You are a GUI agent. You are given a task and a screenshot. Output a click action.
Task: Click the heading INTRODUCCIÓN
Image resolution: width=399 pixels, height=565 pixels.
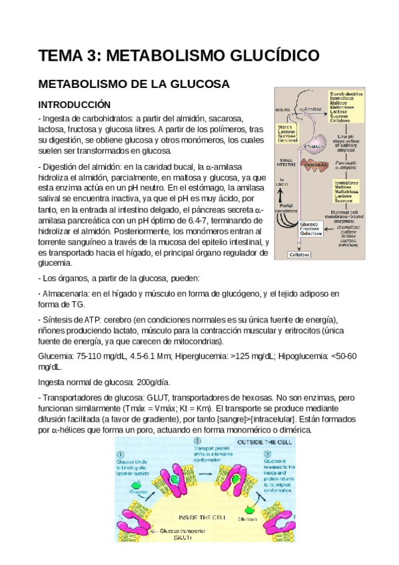[73, 105]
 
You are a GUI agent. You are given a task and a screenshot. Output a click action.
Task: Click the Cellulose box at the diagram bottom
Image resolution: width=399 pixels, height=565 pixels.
[298, 254]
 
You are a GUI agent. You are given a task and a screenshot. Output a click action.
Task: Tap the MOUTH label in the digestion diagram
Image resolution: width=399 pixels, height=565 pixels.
[283, 111]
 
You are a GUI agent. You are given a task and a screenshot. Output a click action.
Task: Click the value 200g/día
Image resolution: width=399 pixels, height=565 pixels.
[149, 382]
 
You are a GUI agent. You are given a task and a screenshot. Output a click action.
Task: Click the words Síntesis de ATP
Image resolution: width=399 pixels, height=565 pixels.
[73, 319]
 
